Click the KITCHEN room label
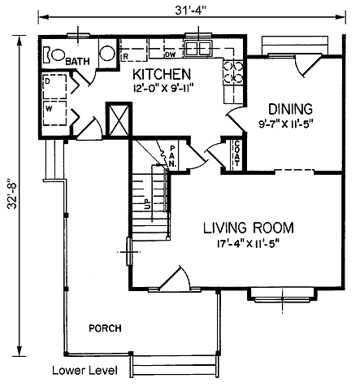point(162,74)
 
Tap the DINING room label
point(290,109)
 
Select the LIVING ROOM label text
point(249,228)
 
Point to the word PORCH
point(106,328)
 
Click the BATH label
point(77,62)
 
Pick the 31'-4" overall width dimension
point(191,11)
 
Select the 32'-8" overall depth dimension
point(12,193)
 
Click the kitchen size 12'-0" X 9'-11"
point(163,89)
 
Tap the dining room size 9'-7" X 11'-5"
point(286,124)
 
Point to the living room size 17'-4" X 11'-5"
point(248,244)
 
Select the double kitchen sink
point(197,49)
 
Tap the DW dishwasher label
point(171,54)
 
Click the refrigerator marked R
point(133,50)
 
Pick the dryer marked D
point(54,86)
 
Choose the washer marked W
point(54,113)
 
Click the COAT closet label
point(237,154)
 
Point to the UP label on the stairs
point(148,204)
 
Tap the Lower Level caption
point(85,371)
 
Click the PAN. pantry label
point(172,156)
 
